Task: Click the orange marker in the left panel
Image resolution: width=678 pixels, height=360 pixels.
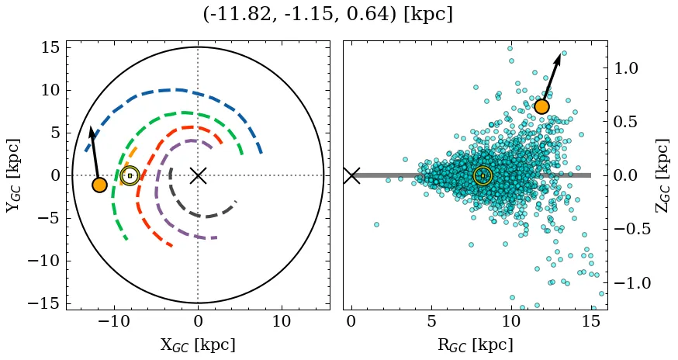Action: point(99,185)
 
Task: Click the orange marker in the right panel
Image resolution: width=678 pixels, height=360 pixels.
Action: point(541,106)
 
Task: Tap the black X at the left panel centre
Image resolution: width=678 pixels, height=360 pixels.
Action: point(198,175)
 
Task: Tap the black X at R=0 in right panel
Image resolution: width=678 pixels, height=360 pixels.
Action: point(351,175)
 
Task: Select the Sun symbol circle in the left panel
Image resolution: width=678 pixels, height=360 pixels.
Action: point(130,175)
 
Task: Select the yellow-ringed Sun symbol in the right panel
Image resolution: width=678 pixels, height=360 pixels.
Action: point(483,175)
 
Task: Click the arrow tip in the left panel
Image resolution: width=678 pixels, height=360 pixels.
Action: point(91,127)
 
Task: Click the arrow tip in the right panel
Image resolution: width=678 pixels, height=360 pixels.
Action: point(559,55)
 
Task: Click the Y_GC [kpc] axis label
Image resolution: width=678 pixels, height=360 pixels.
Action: point(13,175)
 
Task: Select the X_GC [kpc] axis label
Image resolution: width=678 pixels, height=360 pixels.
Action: point(198,345)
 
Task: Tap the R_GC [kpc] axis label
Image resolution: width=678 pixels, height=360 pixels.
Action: point(475,345)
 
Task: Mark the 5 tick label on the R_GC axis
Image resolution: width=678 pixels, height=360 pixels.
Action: point(431,322)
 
